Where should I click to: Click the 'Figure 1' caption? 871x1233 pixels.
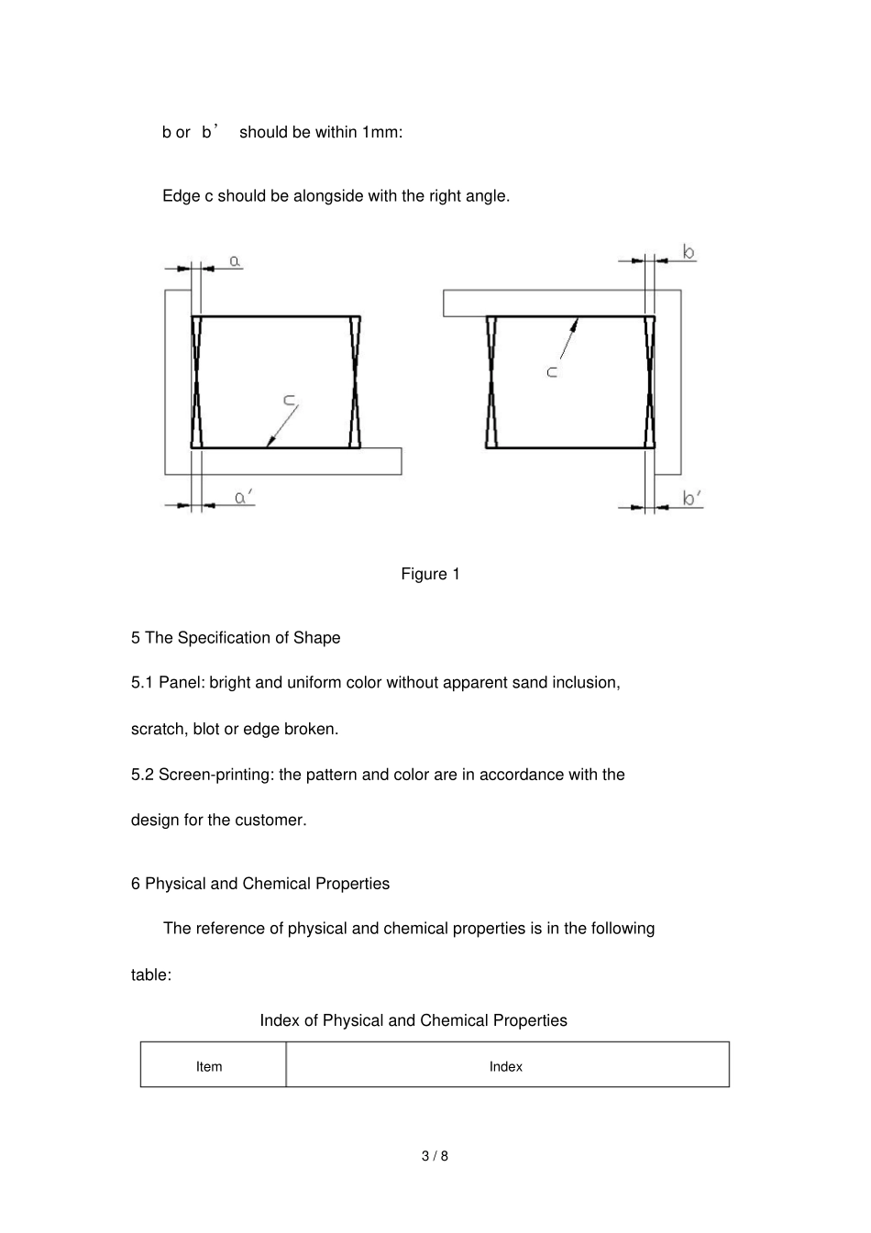430,574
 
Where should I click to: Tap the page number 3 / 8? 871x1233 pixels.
435,1156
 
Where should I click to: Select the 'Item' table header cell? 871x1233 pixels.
209,1066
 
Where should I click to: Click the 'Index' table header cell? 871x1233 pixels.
505,1066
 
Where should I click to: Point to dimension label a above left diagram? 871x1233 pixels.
236,261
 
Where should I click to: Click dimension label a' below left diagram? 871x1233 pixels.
243,498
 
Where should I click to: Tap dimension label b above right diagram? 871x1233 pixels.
689,252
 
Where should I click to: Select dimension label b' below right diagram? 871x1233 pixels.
692,499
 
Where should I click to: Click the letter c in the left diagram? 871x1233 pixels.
289,399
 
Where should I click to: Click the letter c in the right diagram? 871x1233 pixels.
552,372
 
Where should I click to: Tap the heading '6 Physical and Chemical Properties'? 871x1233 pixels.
260,884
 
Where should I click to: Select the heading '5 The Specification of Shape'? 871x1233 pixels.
236,638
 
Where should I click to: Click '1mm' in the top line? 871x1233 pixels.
380,132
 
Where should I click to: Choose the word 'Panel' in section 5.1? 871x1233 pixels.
181,683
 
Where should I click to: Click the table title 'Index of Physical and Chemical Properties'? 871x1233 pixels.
413,1020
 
